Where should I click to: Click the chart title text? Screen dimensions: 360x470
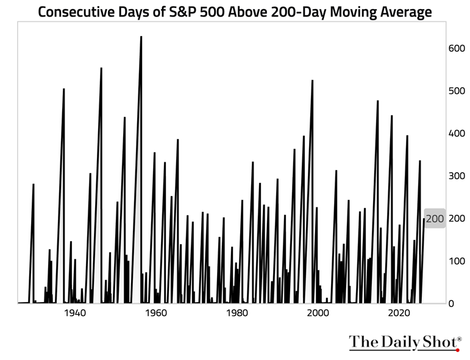(x=235, y=12)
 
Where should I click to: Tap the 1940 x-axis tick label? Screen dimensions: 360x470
(x=74, y=314)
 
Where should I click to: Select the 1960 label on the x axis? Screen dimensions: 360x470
(x=155, y=314)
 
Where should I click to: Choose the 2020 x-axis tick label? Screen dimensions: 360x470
(x=399, y=314)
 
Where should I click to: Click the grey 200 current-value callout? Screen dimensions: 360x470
(x=435, y=218)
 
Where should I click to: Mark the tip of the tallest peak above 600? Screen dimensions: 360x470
(x=141, y=37)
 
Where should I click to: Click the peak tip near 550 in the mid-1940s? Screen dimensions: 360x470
(x=101, y=68)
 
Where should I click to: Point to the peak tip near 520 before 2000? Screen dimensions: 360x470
(x=313, y=81)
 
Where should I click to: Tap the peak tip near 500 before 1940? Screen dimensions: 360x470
(x=64, y=89)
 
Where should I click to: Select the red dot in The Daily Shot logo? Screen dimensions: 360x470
(x=457, y=350)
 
